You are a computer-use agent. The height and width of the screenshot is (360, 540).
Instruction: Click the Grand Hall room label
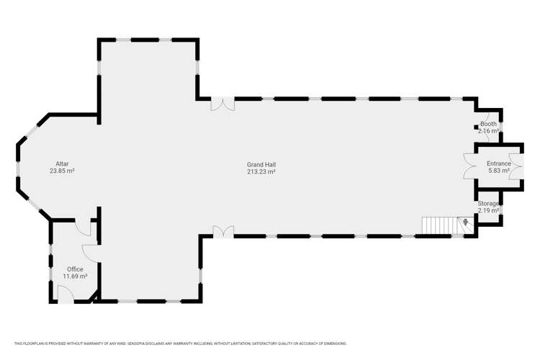click(261, 165)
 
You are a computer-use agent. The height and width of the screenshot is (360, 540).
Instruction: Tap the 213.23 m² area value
click(261, 171)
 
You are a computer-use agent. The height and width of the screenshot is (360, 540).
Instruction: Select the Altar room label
click(63, 164)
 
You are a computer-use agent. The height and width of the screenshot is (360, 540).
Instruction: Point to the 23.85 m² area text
click(63, 171)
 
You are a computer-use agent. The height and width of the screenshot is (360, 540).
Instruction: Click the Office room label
click(75, 269)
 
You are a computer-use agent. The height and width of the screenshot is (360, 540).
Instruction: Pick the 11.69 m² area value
click(75, 276)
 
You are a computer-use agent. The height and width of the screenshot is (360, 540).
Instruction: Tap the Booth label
click(488, 124)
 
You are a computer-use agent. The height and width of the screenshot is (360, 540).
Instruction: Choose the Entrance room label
click(499, 163)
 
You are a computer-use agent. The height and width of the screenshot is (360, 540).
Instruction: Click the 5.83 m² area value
click(499, 171)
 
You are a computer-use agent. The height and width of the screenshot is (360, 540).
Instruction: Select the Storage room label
click(488, 204)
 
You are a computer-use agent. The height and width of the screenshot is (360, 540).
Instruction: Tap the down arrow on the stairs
click(466, 222)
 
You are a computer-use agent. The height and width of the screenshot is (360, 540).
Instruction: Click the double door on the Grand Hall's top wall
click(222, 104)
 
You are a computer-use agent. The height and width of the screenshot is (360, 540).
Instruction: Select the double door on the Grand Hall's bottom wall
click(223, 231)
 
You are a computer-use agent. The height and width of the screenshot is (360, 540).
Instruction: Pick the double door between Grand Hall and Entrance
click(469, 166)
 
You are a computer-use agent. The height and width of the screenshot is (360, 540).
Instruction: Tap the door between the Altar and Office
click(83, 227)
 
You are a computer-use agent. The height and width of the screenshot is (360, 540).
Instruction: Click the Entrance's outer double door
click(516, 166)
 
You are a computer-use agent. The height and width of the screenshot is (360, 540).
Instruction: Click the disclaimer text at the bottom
click(181, 343)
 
